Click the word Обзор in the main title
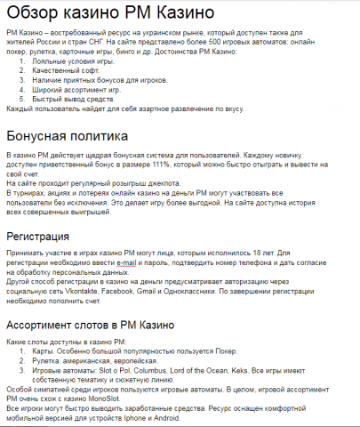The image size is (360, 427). point(37,15)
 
